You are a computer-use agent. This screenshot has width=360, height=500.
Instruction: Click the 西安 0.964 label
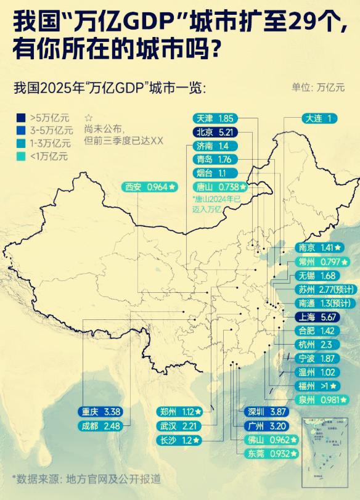tap(150, 186)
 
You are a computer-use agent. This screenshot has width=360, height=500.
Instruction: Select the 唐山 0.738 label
tap(219, 186)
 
